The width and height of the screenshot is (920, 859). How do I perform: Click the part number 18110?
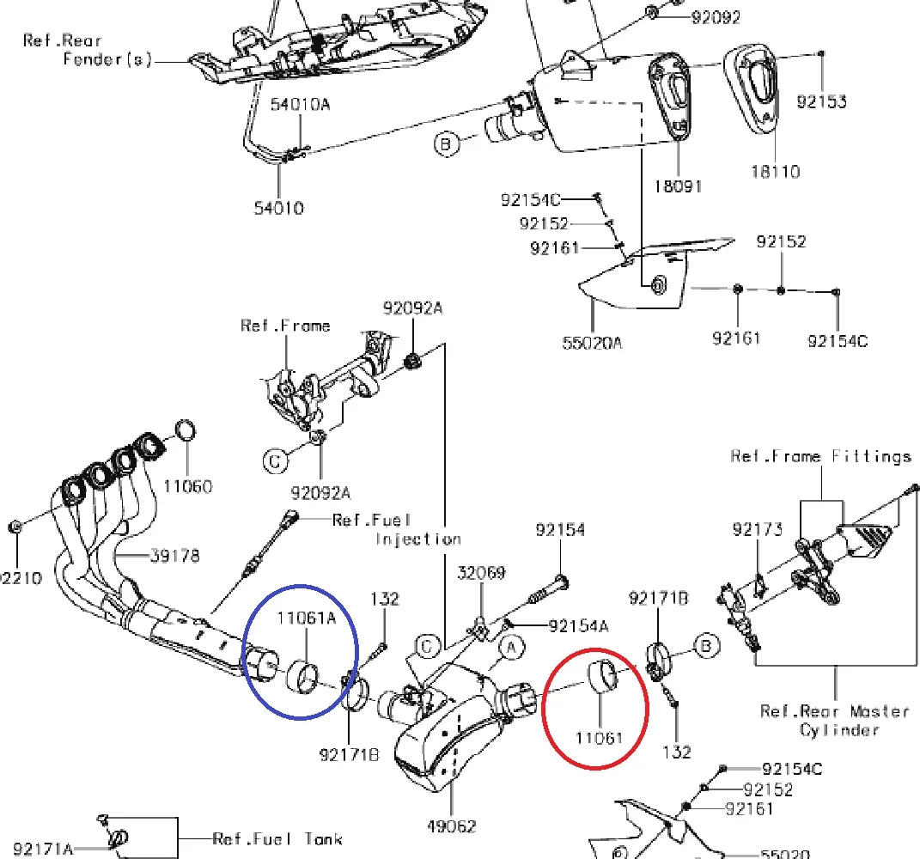(x=773, y=171)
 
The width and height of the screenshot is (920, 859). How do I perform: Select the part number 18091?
(x=679, y=185)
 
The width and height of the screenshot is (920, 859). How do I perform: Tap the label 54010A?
(x=300, y=105)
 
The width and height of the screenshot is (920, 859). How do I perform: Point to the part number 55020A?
(x=592, y=342)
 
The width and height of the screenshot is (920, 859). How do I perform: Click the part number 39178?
(x=175, y=556)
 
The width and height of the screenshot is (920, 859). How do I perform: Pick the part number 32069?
(x=481, y=573)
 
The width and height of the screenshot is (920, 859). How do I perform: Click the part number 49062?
(x=451, y=826)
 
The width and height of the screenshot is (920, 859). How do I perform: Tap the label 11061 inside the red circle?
(x=598, y=736)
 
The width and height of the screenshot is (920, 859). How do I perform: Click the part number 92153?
(x=821, y=101)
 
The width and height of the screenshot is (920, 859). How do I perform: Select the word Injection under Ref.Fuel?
(x=418, y=539)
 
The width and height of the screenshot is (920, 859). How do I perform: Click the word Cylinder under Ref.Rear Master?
(x=839, y=729)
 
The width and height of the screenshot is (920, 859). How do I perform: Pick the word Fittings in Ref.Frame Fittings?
(x=871, y=456)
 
